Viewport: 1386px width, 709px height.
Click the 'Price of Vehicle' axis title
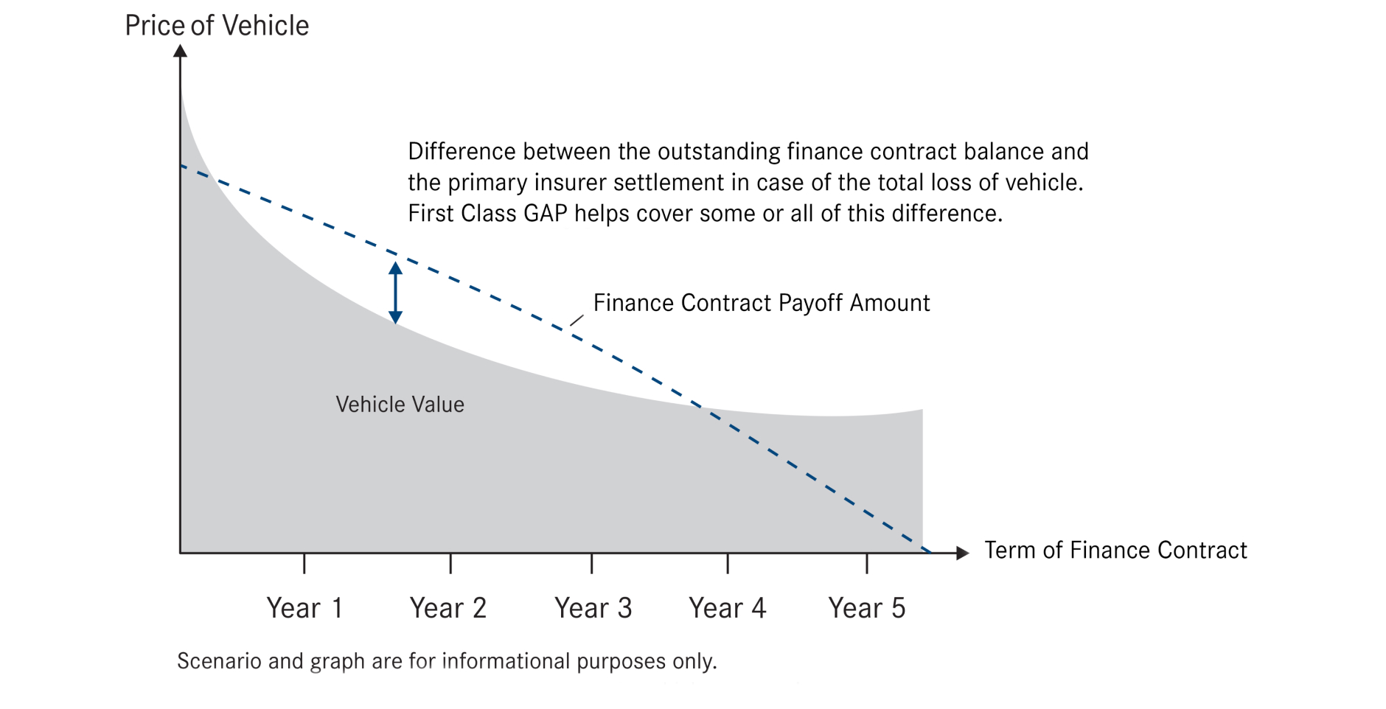(217, 26)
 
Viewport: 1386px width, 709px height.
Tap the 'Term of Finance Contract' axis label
(1115, 550)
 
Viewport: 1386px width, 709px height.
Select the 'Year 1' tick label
(304, 608)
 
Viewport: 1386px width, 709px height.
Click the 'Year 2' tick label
(448, 608)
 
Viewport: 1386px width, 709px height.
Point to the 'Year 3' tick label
(593, 608)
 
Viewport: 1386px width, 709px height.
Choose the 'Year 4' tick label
(728, 608)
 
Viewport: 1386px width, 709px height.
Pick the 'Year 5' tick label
(867, 608)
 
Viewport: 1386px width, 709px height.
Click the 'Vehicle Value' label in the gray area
(400, 404)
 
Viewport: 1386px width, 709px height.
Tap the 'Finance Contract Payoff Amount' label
(762, 303)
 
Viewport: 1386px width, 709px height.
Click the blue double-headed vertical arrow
(396, 293)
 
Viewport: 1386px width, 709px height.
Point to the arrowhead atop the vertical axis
(180, 51)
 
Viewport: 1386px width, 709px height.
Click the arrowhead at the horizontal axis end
(962, 553)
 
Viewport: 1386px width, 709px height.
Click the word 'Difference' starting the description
(462, 152)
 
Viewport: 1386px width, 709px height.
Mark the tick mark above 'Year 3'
(592, 563)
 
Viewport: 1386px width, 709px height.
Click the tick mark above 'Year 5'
(867, 563)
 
